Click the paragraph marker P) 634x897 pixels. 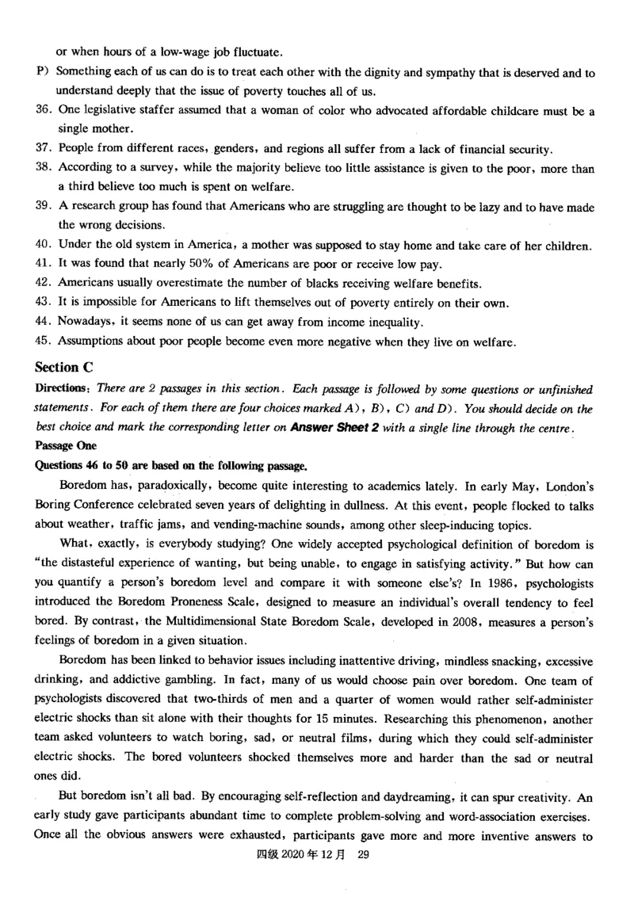(x=44, y=72)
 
